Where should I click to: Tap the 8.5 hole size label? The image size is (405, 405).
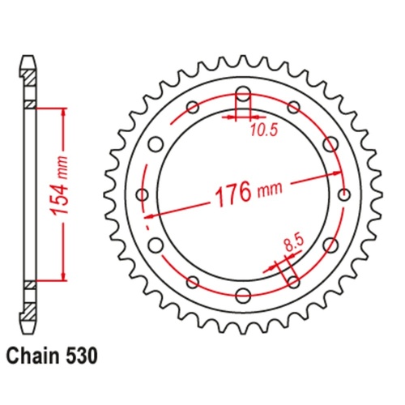tap(295, 241)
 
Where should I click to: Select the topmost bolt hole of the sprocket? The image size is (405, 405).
tap(243, 92)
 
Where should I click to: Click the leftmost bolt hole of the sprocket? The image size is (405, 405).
tap(143, 194)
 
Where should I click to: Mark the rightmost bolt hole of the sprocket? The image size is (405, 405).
tap(343, 194)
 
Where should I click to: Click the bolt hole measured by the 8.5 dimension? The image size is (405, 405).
tap(293, 281)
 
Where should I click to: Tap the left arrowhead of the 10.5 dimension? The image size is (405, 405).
tap(231, 118)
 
